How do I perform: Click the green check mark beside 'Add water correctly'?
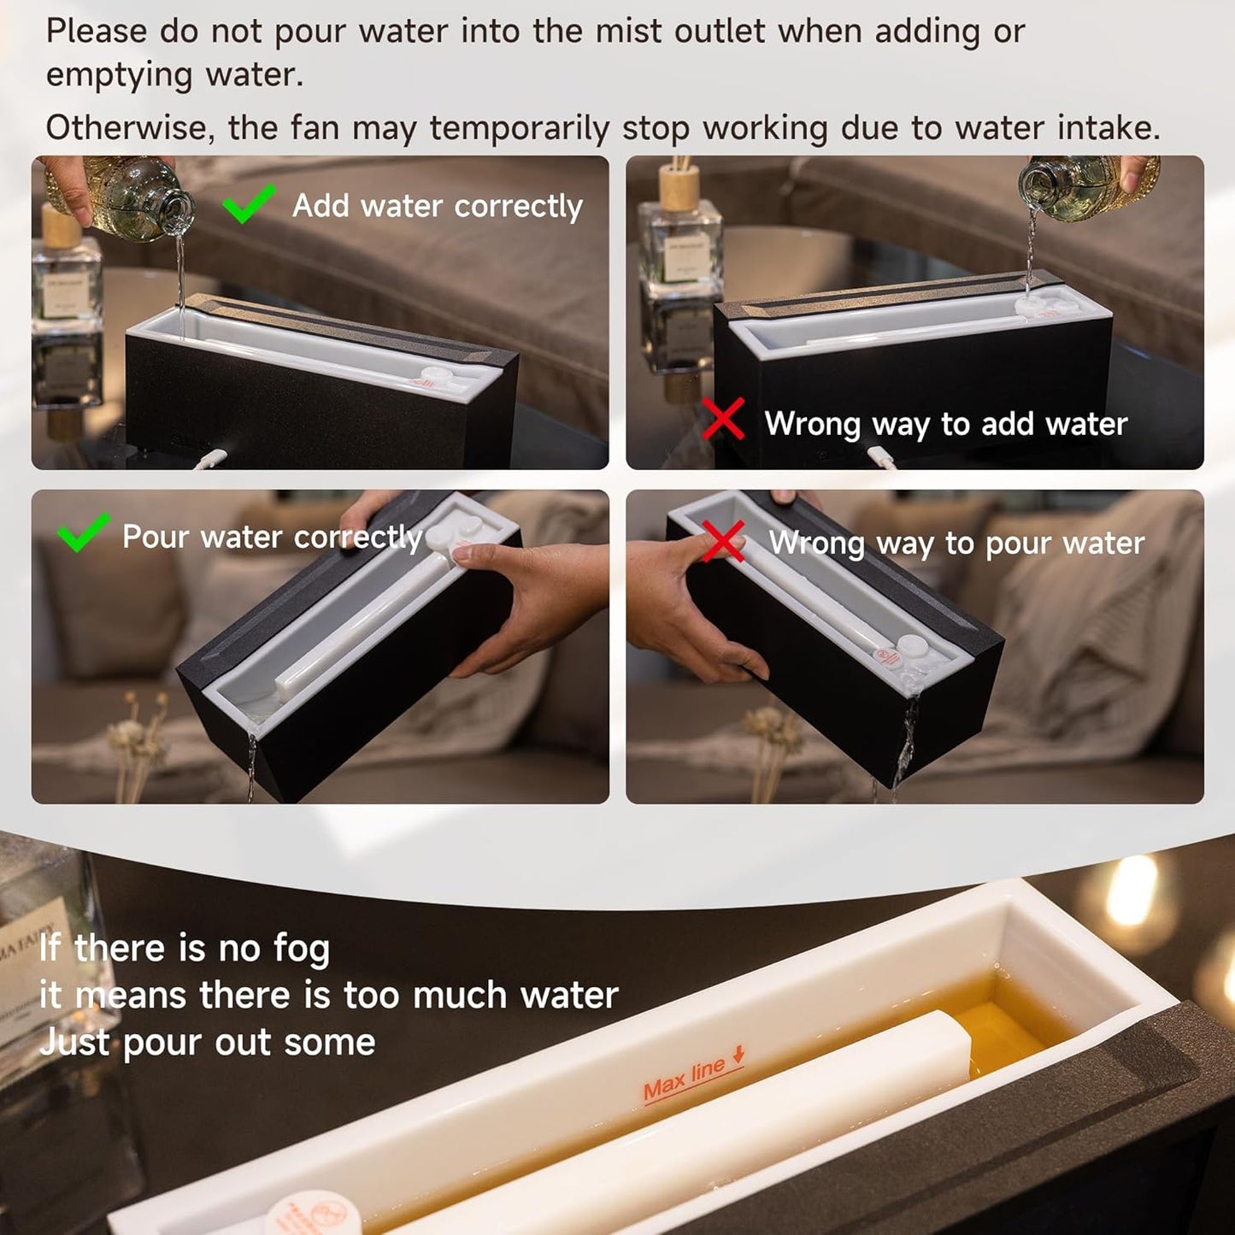tap(248, 203)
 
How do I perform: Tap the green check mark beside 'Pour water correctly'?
tap(83, 532)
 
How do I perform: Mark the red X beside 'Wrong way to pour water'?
tap(723, 542)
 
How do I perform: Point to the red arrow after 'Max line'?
tap(738, 1055)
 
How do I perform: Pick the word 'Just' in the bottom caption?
tap(75, 1043)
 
